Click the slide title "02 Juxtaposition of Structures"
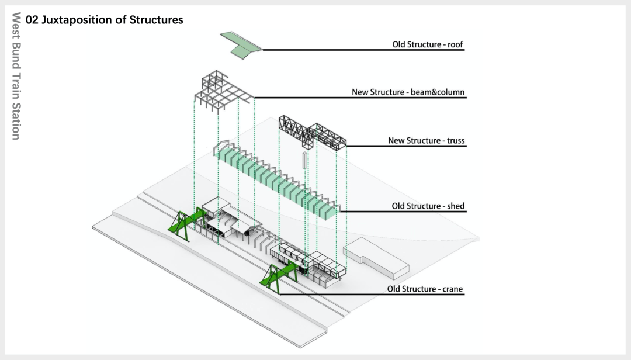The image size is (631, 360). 105,20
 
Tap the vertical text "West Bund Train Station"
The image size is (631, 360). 16,76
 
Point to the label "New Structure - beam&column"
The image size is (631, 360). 408,92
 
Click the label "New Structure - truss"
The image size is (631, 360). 426,141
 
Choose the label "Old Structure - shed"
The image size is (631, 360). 428,206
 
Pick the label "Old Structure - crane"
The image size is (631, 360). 425,289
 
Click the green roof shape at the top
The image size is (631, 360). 240,44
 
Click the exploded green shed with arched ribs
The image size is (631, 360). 275,178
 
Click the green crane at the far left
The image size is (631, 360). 186,222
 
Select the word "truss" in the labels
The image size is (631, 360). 455,141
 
